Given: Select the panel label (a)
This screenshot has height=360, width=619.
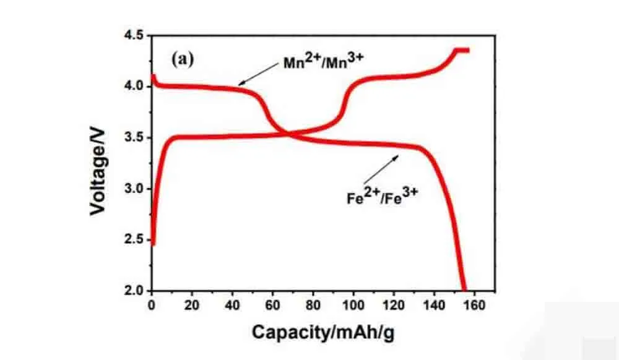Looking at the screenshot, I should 183,59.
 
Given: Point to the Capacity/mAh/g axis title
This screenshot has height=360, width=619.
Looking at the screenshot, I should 322,333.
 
